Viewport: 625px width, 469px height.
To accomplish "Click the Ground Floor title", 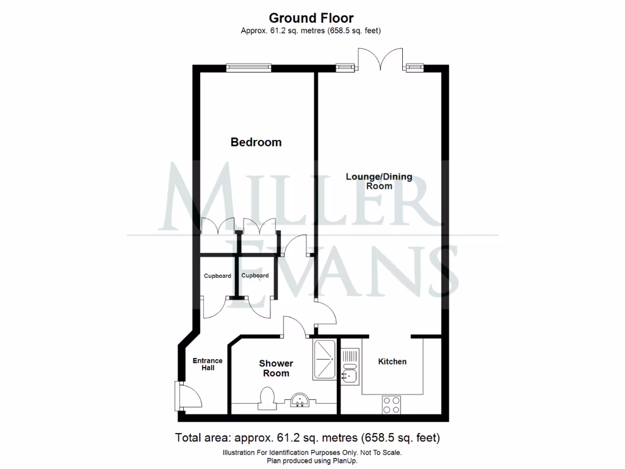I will (311, 18).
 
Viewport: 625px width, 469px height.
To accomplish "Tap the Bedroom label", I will (256, 142).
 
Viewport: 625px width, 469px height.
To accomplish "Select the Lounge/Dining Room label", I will (379, 181).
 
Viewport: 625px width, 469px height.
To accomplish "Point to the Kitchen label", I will (392, 362).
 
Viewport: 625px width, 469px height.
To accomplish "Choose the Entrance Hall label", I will (208, 364).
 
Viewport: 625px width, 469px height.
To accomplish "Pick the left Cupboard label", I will (217, 276).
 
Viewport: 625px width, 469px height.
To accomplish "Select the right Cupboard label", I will (255, 276).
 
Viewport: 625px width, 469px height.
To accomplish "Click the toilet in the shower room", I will (267, 397).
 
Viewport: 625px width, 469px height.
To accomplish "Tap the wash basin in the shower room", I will (300, 400).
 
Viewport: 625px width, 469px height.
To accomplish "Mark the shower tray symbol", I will (323, 360).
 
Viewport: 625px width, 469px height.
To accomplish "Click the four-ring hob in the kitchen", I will (391, 404).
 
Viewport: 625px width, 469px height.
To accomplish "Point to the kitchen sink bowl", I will (350, 375).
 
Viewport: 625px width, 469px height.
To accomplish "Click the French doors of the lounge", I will (380, 60).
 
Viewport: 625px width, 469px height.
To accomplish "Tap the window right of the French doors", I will (415, 67).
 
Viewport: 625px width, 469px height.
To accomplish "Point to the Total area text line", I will (308, 438).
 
